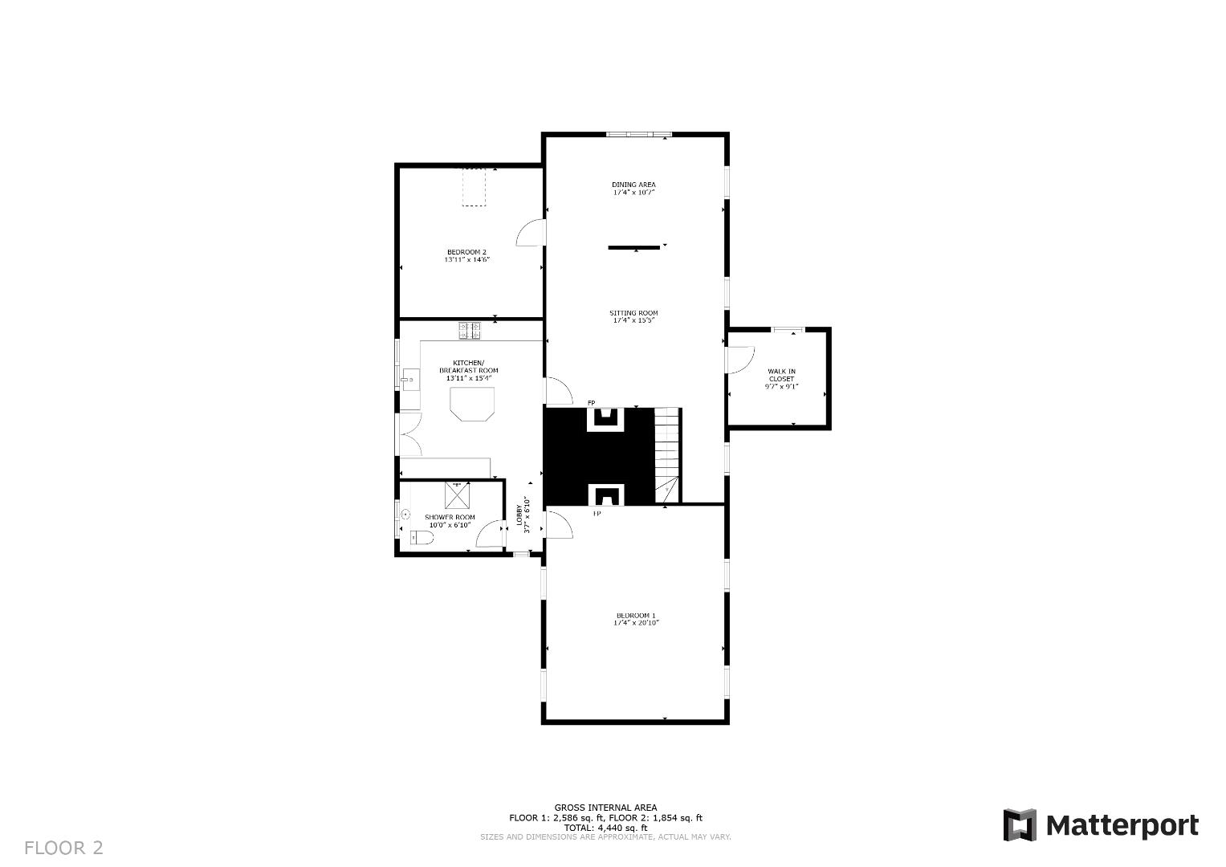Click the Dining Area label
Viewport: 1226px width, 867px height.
[x=633, y=185]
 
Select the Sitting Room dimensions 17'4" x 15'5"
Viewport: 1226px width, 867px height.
[x=633, y=320]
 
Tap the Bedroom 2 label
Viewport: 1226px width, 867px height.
[x=466, y=252]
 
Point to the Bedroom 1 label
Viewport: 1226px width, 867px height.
[x=636, y=615]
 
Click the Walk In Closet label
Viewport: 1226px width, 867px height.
[x=781, y=375]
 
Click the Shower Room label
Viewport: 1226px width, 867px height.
[x=450, y=517]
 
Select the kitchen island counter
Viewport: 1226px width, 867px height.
[x=472, y=403]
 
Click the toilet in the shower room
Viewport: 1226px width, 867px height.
[x=421, y=538]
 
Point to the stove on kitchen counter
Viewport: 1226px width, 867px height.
[x=470, y=328]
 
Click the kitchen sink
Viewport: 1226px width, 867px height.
[x=409, y=378]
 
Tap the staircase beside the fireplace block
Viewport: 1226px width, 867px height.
[x=667, y=454]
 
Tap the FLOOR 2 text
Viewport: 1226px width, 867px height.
[x=63, y=848]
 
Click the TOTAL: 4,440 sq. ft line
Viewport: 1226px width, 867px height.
[x=605, y=828]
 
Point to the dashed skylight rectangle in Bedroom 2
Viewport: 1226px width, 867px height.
[x=474, y=187]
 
